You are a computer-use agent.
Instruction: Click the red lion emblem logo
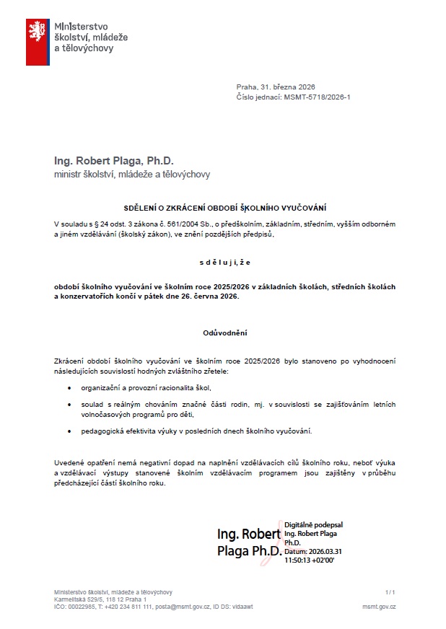pyautogui.click(x=38, y=42)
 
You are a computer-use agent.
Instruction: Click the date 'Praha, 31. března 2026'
pyautogui.click(x=276, y=87)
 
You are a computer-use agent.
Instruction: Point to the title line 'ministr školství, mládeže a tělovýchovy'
pyautogui.click(x=132, y=175)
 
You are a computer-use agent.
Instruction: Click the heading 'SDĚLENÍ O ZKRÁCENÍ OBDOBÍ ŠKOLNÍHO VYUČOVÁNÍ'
pyautogui.click(x=224, y=208)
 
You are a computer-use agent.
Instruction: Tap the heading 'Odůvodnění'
pyautogui.click(x=224, y=333)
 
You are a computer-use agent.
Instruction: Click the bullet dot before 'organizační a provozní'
pyautogui.click(x=70, y=388)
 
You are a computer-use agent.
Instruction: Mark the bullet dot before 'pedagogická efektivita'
pyautogui.click(x=70, y=431)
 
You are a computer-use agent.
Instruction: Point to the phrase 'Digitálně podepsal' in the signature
pyautogui.click(x=314, y=525)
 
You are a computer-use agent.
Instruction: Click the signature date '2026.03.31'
pyautogui.click(x=323, y=551)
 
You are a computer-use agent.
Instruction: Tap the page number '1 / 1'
pyautogui.click(x=390, y=591)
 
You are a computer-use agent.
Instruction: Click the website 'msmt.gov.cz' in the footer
pyautogui.click(x=379, y=607)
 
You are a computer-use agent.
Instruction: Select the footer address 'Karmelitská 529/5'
pyautogui.click(x=79, y=599)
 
